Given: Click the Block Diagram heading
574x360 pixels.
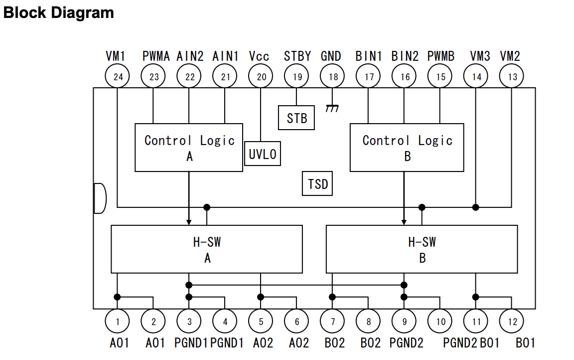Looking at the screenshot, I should (x=58, y=12).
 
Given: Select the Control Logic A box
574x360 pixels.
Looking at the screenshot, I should (x=189, y=148).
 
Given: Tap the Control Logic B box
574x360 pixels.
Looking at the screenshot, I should (x=407, y=148).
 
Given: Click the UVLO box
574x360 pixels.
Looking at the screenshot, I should (x=263, y=154).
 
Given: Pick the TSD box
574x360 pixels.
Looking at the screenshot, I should (x=318, y=184).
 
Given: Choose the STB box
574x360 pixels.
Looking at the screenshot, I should (x=296, y=118).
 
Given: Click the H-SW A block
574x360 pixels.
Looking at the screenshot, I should (x=207, y=249).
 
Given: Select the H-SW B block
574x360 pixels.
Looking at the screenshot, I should (x=422, y=249).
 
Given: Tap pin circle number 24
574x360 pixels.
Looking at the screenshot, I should (x=118, y=77).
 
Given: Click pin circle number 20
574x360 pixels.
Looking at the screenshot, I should (x=261, y=77).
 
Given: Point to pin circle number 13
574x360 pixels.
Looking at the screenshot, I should (x=512, y=77).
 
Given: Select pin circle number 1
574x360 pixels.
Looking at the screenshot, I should (x=118, y=322).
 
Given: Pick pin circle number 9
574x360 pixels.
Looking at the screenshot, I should (x=405, y=322).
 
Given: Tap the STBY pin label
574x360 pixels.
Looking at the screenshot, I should (x=297, y=56).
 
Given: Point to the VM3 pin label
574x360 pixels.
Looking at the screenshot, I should (x=480, y=56).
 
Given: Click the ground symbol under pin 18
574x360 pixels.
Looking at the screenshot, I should (x=332, y=108).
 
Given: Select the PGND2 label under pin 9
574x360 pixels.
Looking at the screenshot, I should (x=406, y=343).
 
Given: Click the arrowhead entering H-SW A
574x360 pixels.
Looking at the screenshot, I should (x=189, y=221).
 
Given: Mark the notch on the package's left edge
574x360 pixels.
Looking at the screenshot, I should (x=100, y=198).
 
